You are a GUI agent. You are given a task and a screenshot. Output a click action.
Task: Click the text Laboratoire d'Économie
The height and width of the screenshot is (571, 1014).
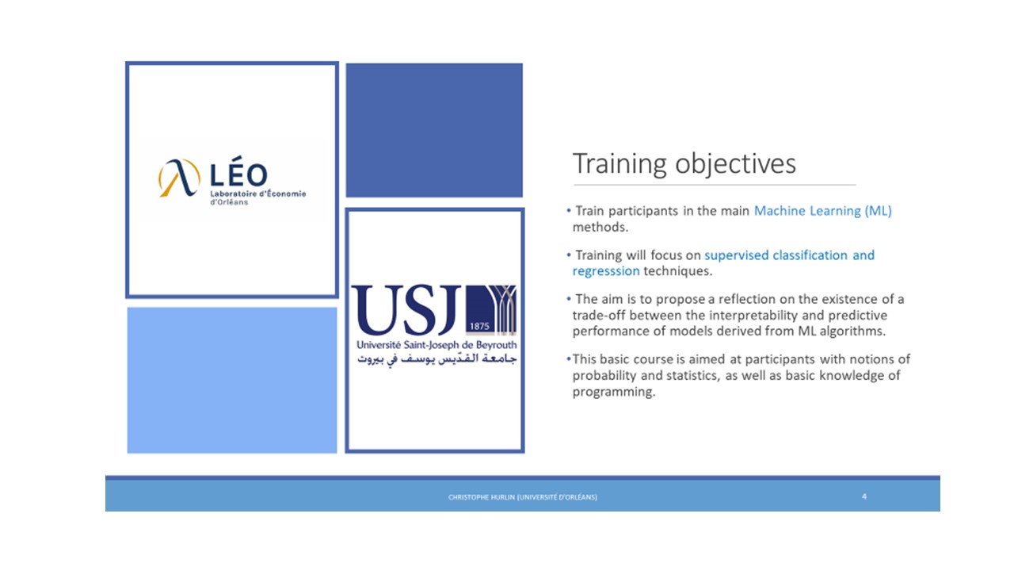[258, 194]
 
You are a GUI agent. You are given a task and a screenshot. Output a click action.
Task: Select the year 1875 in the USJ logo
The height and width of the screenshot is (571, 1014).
[479, 326]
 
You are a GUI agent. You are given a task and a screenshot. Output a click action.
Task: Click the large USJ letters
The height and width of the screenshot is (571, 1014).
[406, 310]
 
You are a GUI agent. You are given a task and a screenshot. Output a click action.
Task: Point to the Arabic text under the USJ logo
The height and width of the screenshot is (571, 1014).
[436, 359]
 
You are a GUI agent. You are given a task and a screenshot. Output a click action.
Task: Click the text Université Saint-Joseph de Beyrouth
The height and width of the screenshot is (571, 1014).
[436, 345]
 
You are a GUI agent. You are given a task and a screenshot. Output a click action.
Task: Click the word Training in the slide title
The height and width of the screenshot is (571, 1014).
[619, 164]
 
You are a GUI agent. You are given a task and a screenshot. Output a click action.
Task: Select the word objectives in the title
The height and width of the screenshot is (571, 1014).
[736, 163]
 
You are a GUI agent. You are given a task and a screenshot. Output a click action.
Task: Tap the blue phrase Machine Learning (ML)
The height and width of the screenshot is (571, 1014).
[822, 211]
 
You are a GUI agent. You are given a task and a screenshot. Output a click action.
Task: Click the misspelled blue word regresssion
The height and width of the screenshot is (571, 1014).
[606, 271]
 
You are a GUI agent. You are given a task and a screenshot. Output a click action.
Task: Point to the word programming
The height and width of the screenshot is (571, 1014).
[614, 392]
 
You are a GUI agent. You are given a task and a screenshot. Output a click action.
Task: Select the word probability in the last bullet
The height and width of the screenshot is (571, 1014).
[604, 376]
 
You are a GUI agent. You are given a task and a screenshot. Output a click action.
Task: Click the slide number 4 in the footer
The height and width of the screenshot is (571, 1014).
[864, 496]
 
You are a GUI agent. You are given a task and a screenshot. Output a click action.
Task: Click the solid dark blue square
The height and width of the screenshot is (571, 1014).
[434, 130]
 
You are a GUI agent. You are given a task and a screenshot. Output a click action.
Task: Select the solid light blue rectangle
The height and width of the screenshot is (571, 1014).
[232, 380]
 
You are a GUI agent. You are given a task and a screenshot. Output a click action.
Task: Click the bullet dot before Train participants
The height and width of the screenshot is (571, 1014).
[569, 210]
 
